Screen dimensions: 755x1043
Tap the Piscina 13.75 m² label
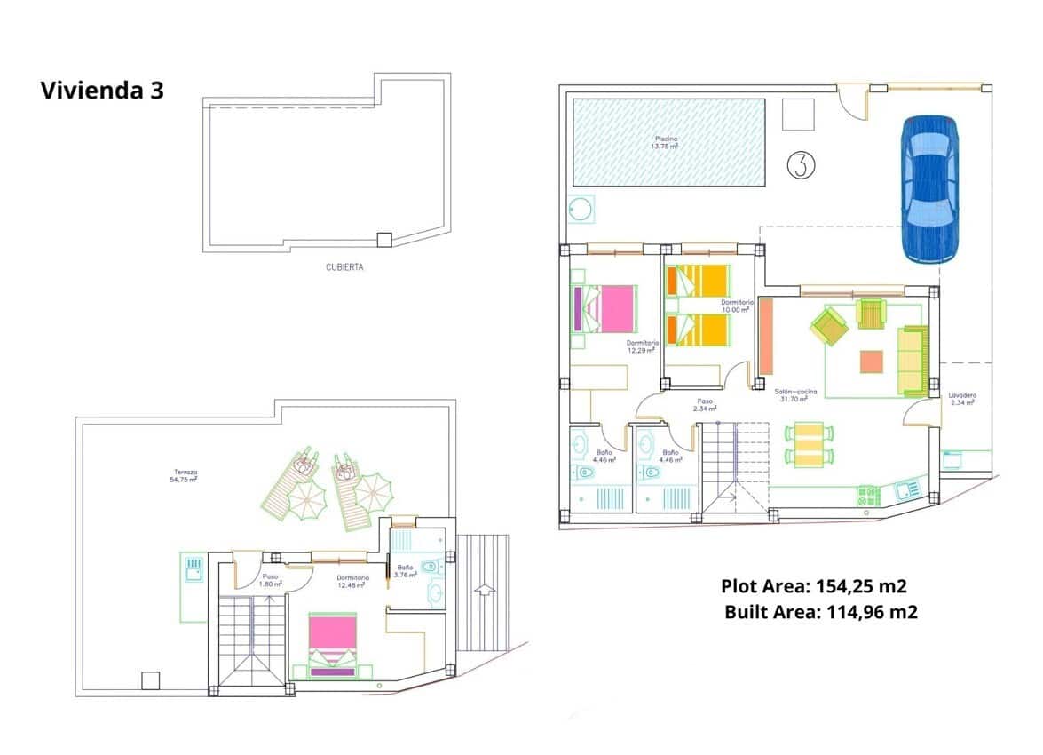coord(666,142)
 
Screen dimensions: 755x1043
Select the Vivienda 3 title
coord(102,91)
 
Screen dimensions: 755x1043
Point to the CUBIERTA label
coord(344,266)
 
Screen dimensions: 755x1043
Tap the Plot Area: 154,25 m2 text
coord(813,586)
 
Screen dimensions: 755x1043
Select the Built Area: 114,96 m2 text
coord(820,612)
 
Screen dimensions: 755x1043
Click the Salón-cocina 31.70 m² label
coord(795,395)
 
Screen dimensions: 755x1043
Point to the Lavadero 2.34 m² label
coord(961,399)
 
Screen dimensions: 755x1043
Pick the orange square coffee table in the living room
coord(872,362)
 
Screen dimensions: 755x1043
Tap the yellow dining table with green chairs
coord(809,445)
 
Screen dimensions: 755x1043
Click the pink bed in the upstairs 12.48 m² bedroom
coord(332,641)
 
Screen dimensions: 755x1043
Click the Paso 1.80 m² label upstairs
coord(270,580)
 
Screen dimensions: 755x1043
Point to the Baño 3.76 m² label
coord(406,570)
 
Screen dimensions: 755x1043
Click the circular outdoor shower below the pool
coord(582,209)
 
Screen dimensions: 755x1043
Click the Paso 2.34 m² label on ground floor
coord(705,404)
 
